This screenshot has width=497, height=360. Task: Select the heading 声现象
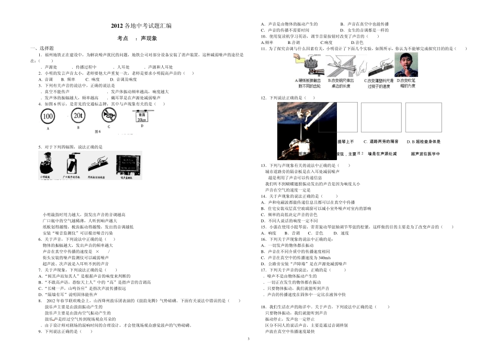tap(150, 38)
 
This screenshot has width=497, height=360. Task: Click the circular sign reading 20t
tap(78, 116)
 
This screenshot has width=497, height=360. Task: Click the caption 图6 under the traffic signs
tap(97, 131)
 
